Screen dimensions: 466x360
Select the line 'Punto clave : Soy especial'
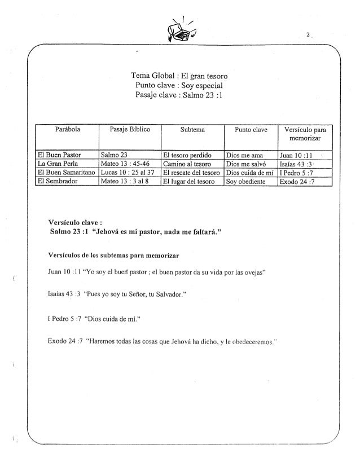coord(179,86)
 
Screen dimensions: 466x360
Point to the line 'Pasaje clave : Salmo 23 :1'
coord(179,95)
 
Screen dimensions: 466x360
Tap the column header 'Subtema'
coord(192,130)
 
